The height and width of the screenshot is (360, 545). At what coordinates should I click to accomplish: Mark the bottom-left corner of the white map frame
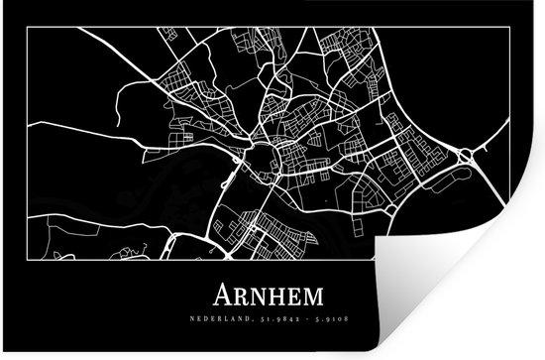tap(28, 259)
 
